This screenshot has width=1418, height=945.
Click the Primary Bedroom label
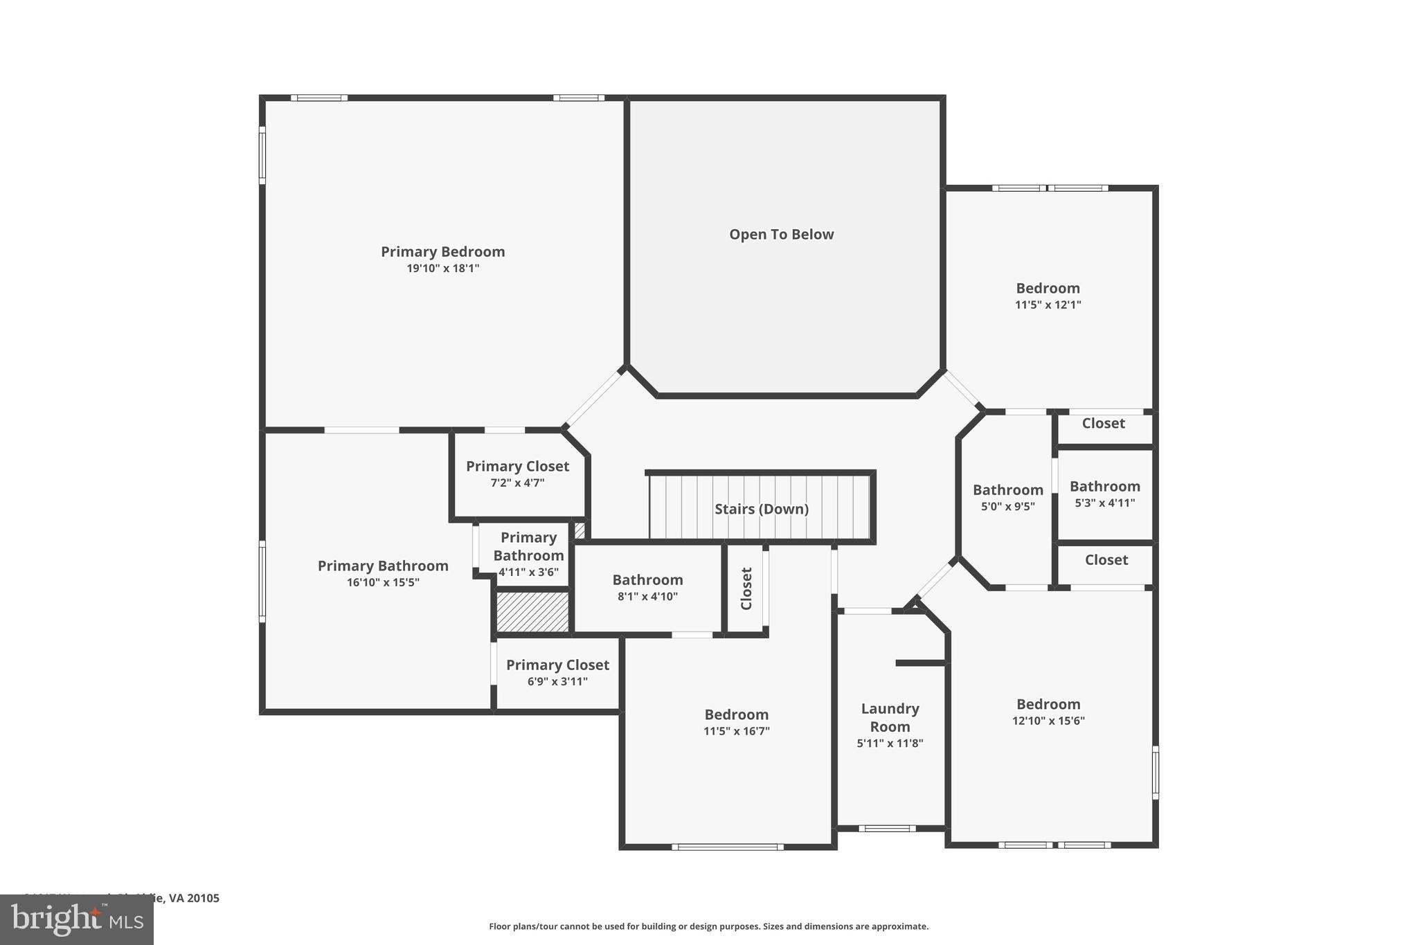[442, 251]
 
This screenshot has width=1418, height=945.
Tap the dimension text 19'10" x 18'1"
[442, 269]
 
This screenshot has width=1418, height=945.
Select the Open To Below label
[781, 235]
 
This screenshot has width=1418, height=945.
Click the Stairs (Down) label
[761, 509]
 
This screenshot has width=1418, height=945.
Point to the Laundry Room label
[890, 717]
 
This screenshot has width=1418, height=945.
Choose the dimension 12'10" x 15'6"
[1048, 721]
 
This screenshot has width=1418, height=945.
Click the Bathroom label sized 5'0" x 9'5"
[1007, 490]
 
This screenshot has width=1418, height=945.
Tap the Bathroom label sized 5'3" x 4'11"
[1104, 487]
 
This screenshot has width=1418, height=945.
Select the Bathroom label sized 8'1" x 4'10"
[647, 580]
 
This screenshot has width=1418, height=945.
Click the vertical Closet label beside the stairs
[746, 588]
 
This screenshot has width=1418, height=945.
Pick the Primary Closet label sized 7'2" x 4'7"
[517, 467]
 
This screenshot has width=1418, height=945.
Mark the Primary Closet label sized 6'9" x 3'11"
[557, 665]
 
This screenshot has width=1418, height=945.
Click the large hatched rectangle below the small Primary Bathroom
[532, 611]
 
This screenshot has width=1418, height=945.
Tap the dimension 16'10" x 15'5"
[383, 583]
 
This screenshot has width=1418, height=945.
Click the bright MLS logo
[76, 920]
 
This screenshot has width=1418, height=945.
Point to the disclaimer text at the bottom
[708, 926]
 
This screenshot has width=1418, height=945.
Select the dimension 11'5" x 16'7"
[736, 731]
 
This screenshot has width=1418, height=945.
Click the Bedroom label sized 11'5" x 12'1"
[1048, 288]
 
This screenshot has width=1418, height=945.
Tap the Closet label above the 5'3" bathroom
[1103, 423]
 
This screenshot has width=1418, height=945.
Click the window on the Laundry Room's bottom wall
[887, 828]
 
